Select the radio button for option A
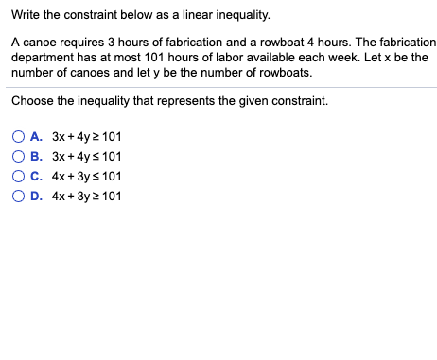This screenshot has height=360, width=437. [x=19, y=137]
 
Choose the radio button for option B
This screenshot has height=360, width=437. [x=19, y=157]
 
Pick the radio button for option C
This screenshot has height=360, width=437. [x=19, y=177]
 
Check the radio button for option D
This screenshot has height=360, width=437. [x=19, y=197]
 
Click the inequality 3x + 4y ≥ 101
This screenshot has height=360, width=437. [x=87, y=137]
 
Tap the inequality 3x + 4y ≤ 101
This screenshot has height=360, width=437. [x=87, y=157]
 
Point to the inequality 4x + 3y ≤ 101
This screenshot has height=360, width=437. [x=87, y=177]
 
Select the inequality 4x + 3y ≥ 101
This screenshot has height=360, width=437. [x=87, y=197]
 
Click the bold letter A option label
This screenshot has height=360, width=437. [x=36, y=137]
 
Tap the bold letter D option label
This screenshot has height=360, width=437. [x=36, y=197]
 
